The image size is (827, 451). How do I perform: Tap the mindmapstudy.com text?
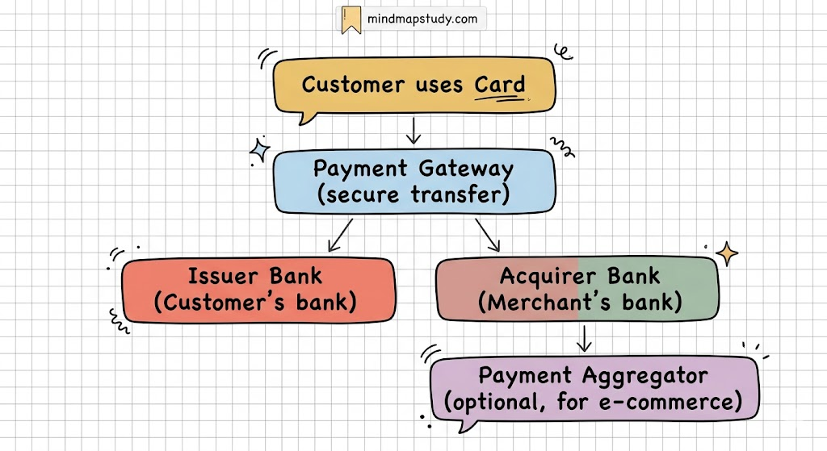coord(421,19)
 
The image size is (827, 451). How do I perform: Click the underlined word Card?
coord(500,85)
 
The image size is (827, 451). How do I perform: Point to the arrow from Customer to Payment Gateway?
coord(413,131)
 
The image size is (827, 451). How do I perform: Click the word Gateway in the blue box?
coord(467,169)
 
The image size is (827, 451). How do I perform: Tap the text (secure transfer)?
coord(414,195)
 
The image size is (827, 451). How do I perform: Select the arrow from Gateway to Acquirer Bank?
coord(489,236)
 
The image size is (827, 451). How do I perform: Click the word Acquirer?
coord(540,276)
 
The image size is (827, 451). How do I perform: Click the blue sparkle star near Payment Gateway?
coord(260,150)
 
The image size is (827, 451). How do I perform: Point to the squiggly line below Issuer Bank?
coord(119,322)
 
